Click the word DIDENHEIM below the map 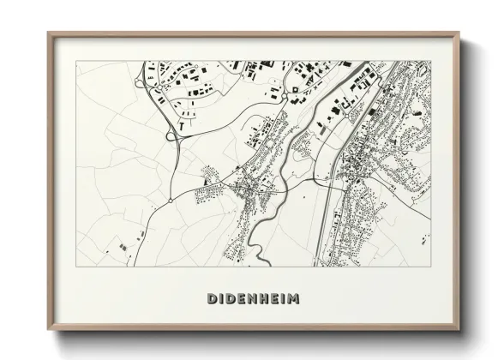[x=253, y=298]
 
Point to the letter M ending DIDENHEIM [x=294, y=298]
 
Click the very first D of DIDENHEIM [x=212, y=298]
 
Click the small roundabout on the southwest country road [x=171, y=201]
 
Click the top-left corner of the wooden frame [x=48, y=33]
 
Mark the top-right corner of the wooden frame [x=460, y=33]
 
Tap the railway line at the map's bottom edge [x=321, y=265]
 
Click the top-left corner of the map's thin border [x=77, y=62]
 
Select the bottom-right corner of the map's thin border [x=431, y=266]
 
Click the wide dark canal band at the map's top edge [x=347, y=63]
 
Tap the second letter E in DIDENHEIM [x=271, y=298]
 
